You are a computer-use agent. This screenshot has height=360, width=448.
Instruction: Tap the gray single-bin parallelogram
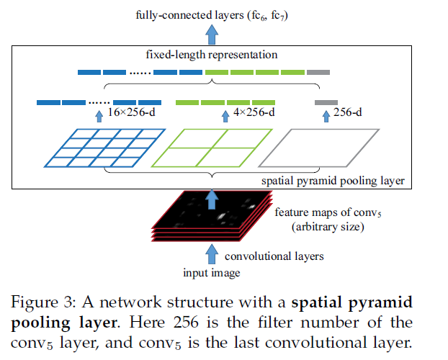pos(318,147)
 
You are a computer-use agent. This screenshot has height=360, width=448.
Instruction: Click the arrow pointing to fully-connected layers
pos(212,32)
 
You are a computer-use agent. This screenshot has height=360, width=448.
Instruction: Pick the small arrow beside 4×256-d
pos(219,114)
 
